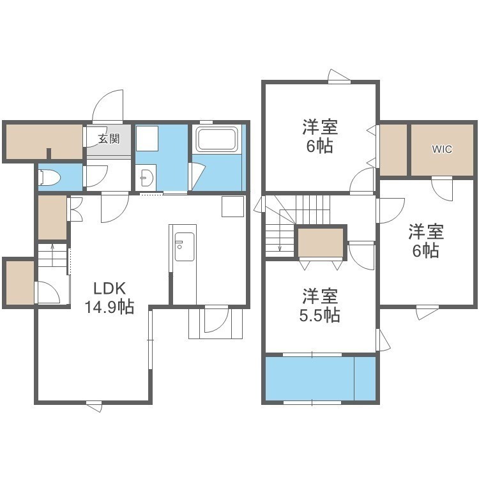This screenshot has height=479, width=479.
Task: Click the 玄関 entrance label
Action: click(x=109, y=139)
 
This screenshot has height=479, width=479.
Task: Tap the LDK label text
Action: click(x=109, y=289)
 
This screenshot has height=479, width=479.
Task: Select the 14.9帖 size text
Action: click(x=109, y=307)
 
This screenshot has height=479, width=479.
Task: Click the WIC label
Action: click(x=442, y=149)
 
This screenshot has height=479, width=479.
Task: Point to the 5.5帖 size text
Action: click(x=319, y=316)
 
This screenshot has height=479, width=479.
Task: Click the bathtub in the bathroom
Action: click(x=217, y=139)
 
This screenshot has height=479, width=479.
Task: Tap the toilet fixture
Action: click(x=49, y=178)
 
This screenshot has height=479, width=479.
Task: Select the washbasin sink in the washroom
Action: click(x=146, y=177)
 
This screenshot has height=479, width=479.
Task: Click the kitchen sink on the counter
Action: click(x=185, y=247)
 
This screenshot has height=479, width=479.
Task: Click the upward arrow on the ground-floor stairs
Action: click(x=52, y=255)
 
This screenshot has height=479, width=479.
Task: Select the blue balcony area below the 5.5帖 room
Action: click(x=320, y=378)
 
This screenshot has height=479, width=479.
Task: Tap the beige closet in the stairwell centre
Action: click(x=321, y=243)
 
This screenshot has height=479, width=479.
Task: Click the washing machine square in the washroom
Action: click(x=147, y=139)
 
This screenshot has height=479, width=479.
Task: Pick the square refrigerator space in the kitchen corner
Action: click(x=232, y=206)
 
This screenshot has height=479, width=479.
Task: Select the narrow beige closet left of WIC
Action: click(x=393, y=149)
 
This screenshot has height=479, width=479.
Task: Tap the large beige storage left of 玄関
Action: click(x=44, y=142)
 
